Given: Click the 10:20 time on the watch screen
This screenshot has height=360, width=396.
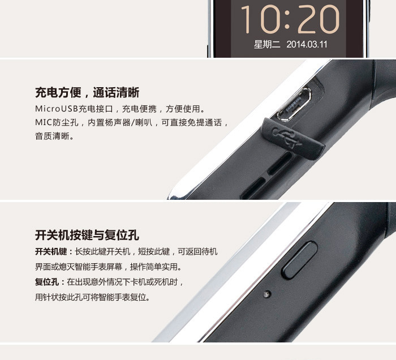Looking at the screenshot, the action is pyautogui.click(x=290, y=19).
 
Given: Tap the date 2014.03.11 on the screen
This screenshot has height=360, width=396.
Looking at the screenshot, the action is pyautogui.click(x=307, y=45).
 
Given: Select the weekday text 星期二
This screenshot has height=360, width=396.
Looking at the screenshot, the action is pyautogui.click(x=267, y=45).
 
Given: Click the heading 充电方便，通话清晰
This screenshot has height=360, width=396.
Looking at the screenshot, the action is pyautogui.click(x=87, y=92).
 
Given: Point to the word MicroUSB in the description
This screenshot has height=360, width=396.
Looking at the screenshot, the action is pyautogui.click(x=57, y=109).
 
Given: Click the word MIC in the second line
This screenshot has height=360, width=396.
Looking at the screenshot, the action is pyautogui.click(x=44, y=122).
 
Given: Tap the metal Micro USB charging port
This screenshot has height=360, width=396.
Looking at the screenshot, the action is pyautogui.click(x=295, y=104).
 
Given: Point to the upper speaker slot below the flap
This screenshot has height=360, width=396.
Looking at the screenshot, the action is pyautogui.click(x=280, y=164).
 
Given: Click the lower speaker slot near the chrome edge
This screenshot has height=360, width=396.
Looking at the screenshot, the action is pyautogui.click(x=252, y=188).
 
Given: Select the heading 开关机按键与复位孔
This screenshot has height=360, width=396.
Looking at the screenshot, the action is pyautogui.click(x=87, y=235).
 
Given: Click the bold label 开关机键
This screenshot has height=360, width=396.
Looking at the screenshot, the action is pyautogui.click(x=51, y=252).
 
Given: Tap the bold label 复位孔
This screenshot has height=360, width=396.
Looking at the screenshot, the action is pyautogui.click(x=47, y=282).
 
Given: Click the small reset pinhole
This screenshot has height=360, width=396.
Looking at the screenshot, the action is pyautogui.click(x=267, y=294).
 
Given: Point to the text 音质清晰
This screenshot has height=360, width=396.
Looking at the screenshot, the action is pyautogui.click(x=52, y=136).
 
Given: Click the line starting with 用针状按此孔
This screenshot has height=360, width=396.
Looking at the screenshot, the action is pyautogui.click(x=92, y=297).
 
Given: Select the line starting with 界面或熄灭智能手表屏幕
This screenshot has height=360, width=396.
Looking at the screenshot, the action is pyautogui.click(x=108, y=267).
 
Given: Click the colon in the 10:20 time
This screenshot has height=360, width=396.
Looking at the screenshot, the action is pyautogui.click(x=287, y=19).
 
